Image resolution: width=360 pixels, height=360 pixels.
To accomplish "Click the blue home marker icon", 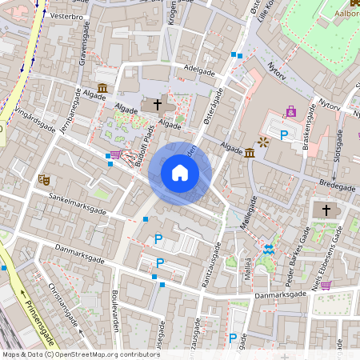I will pos(180,173).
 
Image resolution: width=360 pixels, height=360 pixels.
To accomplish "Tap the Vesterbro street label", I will pos(66,15).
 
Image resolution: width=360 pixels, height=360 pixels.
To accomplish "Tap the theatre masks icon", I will pos(43,180).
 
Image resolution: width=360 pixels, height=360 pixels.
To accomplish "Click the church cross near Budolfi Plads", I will pos(158,104).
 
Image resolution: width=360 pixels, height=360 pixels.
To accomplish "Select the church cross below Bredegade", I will pos(326,210).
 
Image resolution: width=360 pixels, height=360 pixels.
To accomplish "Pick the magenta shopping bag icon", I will pos(290,111).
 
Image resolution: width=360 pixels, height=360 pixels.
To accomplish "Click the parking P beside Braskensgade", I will pos(284,135).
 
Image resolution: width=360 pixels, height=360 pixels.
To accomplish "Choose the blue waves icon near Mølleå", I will pos(269,250).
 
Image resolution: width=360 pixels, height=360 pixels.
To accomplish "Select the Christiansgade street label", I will pos(63,304).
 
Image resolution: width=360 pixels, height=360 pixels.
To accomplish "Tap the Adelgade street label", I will pos(201,69).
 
